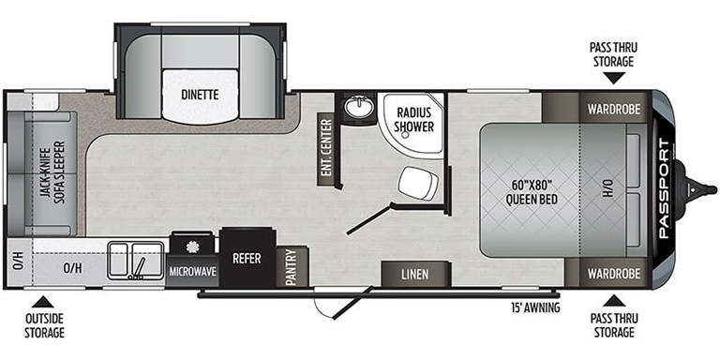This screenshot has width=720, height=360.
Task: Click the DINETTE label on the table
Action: coord(200,95)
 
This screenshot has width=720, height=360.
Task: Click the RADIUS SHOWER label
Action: coord(415,119)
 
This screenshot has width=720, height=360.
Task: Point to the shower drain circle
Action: coord(405,135)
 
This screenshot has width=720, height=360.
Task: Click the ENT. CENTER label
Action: coord(326,147)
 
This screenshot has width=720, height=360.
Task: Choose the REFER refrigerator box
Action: coord(247,258)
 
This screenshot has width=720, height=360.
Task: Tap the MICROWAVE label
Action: coord(193,272)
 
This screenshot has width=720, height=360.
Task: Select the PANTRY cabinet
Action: coord(292,266)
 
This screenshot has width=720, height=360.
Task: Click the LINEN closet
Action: coord(415,274)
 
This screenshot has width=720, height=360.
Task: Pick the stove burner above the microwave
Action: coord(191,247)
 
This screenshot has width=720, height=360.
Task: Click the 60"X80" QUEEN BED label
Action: coord(532,193)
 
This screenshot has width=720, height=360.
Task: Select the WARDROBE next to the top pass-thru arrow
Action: coord(613,110)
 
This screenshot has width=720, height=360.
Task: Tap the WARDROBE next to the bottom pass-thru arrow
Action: coord(613,274)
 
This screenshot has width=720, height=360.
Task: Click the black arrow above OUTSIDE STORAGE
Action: coord(43,302)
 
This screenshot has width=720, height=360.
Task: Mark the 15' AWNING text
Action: coord(534,307)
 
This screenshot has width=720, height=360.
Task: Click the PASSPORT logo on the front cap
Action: coord(665,189)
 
